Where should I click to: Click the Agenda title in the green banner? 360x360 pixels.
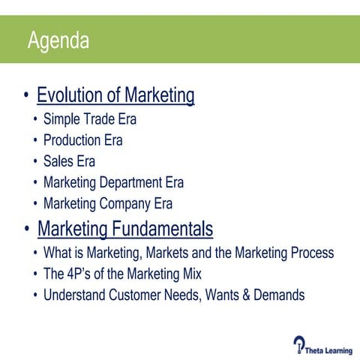click(58, 40)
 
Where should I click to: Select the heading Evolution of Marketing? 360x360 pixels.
click(115, 97)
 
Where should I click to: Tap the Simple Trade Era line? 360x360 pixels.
click(90, 118)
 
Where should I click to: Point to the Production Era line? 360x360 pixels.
click(82, 139)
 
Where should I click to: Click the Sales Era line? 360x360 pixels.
click(69, 160)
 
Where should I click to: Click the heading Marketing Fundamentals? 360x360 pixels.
click(125, 228)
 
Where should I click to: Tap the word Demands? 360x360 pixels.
click(276, 295)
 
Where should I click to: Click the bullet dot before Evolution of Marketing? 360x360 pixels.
click(27, 97)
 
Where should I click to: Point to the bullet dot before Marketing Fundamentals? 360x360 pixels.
click(27, 229)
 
